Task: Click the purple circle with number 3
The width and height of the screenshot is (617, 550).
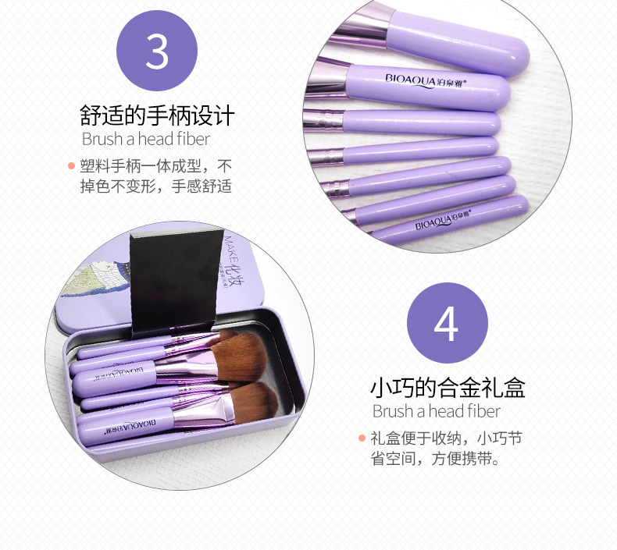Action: [157, 51]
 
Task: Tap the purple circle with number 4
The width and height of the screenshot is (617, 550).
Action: [447, 323]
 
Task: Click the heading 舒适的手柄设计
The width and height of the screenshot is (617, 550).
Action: [158, 115]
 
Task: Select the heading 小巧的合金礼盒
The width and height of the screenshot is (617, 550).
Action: [448, 388]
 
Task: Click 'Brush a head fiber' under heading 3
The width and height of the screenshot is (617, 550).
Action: [145, 139]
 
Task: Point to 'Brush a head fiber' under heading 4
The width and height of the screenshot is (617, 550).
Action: [436, 411]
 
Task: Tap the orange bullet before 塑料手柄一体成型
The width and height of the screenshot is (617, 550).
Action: [71, 166]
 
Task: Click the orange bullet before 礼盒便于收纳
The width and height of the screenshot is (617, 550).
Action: [362, 438]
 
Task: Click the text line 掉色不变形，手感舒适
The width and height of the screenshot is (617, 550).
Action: [156, 186]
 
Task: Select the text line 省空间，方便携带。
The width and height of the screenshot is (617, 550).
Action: [435, 459]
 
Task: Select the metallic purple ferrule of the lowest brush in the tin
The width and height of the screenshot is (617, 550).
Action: [204, 412]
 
